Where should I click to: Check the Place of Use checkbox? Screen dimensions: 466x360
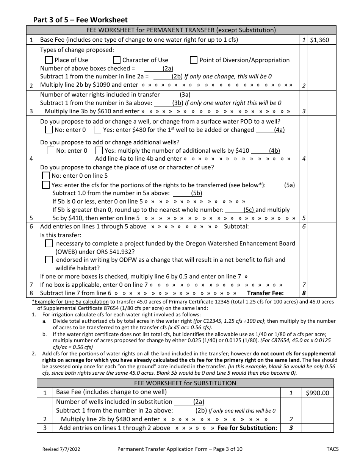[49, 60]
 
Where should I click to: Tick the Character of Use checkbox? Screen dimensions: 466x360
[116, 60]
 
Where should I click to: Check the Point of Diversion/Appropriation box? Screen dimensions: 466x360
[194, 60]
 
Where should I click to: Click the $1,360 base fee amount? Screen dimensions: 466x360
[319, 40]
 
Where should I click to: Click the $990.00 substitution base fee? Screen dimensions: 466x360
[318, 393]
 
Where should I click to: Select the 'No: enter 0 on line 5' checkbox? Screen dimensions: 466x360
[46, 176]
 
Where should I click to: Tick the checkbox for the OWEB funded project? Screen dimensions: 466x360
[49, 244]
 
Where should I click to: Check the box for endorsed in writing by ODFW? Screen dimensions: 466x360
[49, 260]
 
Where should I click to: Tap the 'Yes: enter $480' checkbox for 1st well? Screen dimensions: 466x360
[97, 130]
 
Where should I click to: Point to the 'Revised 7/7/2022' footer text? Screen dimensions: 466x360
[61, 449]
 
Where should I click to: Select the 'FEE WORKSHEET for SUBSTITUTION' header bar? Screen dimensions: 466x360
[185, 383]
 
